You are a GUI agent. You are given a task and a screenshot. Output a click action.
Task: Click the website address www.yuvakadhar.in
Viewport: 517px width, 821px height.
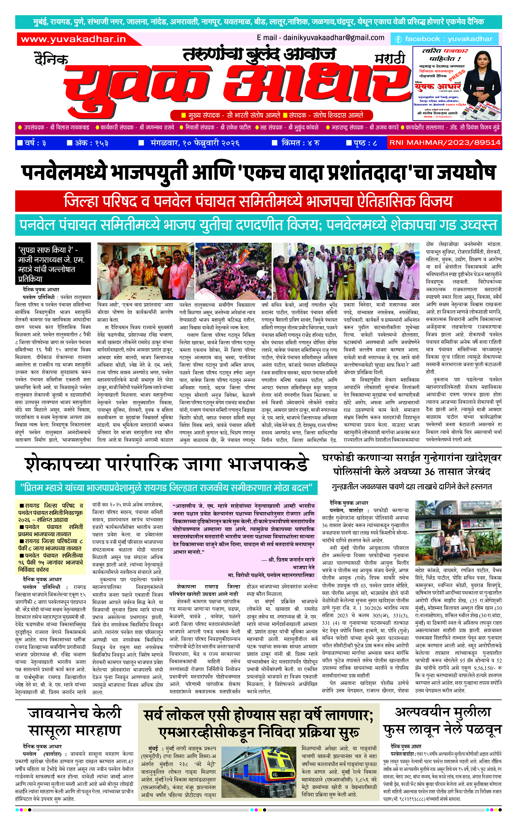click(x=73, y=39)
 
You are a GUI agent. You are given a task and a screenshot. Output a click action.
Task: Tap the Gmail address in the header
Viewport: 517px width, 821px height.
click(x=320, y=38)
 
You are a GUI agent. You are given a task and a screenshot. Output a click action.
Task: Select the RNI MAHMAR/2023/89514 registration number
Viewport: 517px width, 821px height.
click(x=445, y=143)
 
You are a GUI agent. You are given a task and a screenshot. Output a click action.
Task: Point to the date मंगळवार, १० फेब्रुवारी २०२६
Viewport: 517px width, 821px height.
click(x=194, y=143)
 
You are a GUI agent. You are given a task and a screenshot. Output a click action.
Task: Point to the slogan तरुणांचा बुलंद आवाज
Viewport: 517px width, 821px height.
click(x=259, y=54)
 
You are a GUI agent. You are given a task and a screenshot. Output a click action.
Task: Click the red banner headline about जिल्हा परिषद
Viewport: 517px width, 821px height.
click(x=258, y=201)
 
